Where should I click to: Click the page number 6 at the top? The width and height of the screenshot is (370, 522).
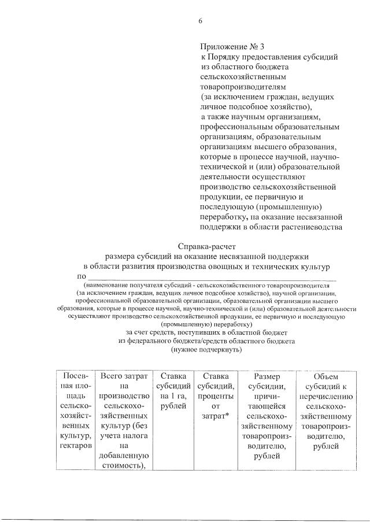pyautogui.click(x=201, y=21)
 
